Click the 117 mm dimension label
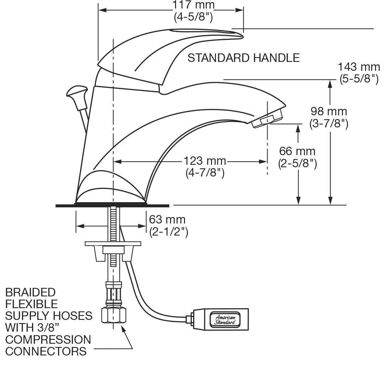(194, 5)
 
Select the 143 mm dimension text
(359, 67)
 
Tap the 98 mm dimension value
(328, 111)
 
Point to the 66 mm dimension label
(297, 151)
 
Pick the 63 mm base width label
(167, 219)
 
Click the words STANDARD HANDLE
(243, 58)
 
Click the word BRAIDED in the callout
(31, 292)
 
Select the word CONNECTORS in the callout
(46, 352)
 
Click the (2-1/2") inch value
(169, 232)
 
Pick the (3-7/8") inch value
(328, 123)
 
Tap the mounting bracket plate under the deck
(113, 244)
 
